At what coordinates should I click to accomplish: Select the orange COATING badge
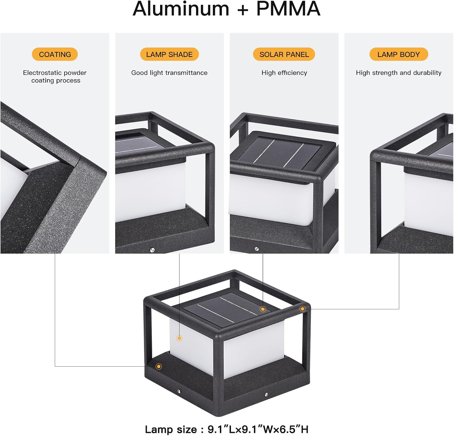tap(55, 54)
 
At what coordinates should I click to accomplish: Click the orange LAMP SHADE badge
tap(169, 54)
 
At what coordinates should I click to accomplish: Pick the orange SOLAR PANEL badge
tap(284, 54)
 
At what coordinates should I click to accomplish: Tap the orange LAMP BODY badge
tap(399, 54)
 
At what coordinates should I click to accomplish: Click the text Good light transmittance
tap(169, 73)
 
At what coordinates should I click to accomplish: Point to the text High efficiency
tap(284, 73)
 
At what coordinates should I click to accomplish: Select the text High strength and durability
tap(399, 73)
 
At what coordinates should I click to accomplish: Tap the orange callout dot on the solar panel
tap(263, 309)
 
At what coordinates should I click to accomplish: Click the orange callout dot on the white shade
tap(179, 338)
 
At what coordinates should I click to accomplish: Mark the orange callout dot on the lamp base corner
tap(159, 367)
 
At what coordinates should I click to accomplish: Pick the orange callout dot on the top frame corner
tap(302, 309)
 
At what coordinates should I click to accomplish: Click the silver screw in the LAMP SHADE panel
tap(152, 250)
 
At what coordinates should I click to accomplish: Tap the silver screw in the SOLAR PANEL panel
tap(257, 249)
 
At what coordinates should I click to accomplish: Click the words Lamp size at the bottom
tap(171, 429)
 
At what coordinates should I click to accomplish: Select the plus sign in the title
tap(243, 9)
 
